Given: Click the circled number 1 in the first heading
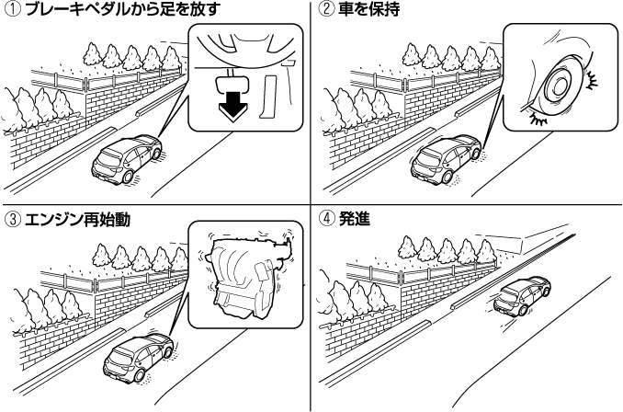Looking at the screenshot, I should (10, 10).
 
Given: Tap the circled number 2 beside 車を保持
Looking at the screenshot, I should (325, 11).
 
